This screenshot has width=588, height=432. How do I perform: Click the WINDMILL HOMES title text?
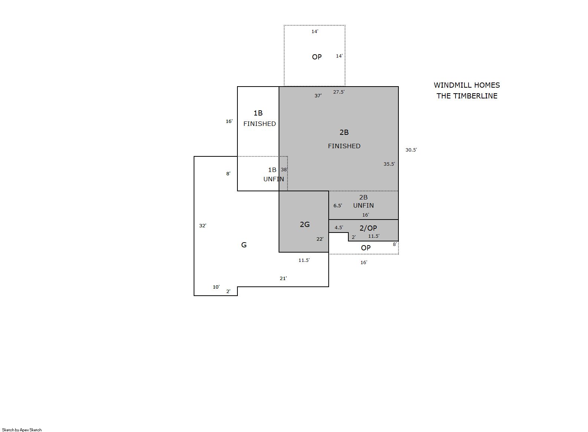point(467,85)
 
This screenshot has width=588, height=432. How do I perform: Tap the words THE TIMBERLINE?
point(467,96)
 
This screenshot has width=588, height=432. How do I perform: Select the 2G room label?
point(305,224)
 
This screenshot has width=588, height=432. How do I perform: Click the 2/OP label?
point(368,228)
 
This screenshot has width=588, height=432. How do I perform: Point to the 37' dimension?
point(318,96)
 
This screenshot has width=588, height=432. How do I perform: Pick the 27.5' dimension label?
point(339,92)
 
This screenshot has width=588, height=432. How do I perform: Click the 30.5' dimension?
point(411,150)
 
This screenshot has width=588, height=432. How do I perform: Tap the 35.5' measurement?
point(389,164)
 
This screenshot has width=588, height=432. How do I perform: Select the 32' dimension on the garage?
point(203,225)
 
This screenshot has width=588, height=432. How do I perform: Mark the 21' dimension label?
point(283,278)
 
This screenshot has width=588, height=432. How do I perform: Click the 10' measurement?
point(216,287)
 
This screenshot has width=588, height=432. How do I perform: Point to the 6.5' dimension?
point(338,205)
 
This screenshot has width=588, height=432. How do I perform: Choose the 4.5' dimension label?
point(339,228)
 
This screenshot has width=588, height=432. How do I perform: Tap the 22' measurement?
point(320,239)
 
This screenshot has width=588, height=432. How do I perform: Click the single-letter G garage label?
point(244,245)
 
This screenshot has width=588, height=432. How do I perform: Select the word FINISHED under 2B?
point(344,146)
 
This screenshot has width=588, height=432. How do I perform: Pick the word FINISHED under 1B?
point(260,123)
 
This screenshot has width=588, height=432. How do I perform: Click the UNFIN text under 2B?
point(363,205)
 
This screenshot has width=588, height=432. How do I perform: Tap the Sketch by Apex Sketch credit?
point(22,430)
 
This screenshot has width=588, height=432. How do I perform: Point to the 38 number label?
point(284,169)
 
